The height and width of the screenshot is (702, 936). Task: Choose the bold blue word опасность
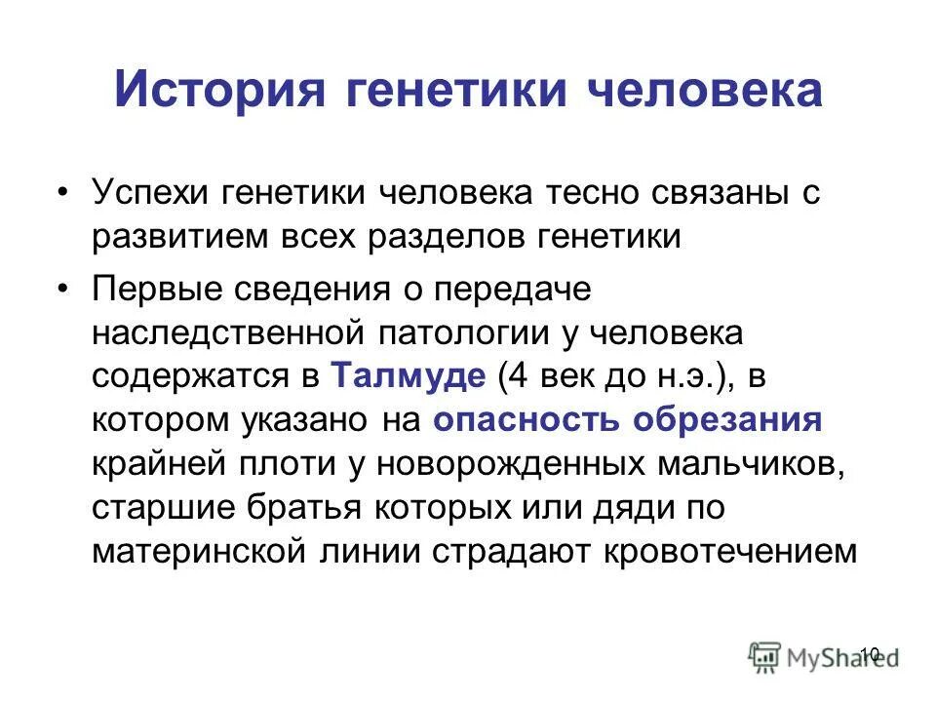pos(528,420)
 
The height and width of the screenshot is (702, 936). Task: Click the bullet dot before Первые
pos(63,290)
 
